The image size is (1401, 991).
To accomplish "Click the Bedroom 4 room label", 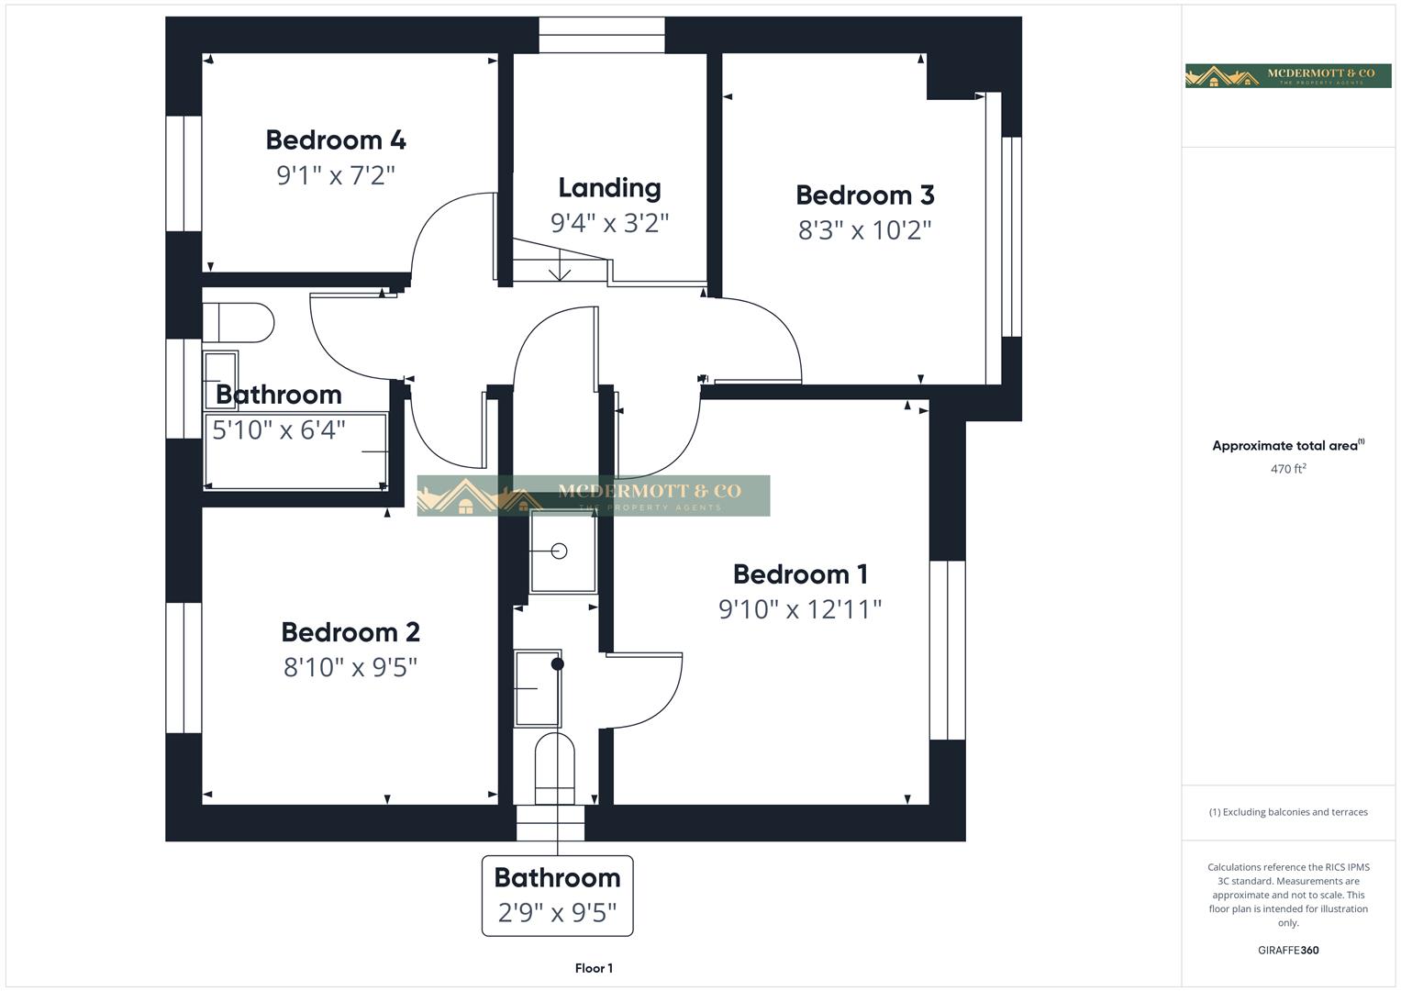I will coord(336,140).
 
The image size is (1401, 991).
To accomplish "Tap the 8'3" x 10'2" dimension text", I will coord(864,229).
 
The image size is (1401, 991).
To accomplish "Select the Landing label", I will coord(609,188).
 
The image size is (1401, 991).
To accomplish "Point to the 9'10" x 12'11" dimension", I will coord(799,609).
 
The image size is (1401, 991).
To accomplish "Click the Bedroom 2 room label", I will coord(350,632).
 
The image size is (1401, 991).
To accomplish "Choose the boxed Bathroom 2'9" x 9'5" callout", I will coord(557,895).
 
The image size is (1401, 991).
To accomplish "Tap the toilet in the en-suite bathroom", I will coord(554,761).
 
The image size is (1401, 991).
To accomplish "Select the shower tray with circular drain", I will coord(562,551).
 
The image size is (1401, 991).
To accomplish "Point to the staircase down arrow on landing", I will coord(560,270).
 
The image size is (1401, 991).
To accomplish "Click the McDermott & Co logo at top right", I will coord(1287,75).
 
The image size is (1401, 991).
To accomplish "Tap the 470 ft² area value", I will coord(1287,469).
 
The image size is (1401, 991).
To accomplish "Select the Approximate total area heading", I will coord(1287,446).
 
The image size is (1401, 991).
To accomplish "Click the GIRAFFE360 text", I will coord(1287,951).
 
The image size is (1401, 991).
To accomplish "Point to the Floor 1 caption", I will coord(594,968).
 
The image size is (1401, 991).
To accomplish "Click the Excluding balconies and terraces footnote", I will coord(1287,812).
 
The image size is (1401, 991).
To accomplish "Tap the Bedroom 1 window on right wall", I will coord(947,650).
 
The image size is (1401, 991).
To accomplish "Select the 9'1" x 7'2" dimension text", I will coord(336,175).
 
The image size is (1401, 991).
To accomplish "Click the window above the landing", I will coord(601,35).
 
